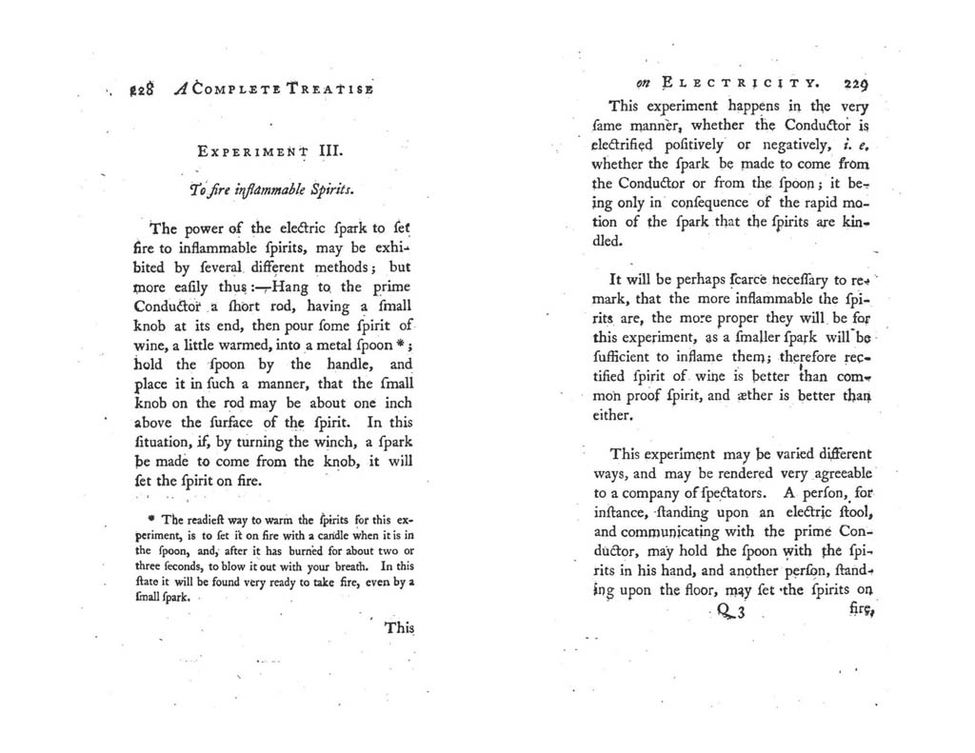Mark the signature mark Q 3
[x=732, y=614]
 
